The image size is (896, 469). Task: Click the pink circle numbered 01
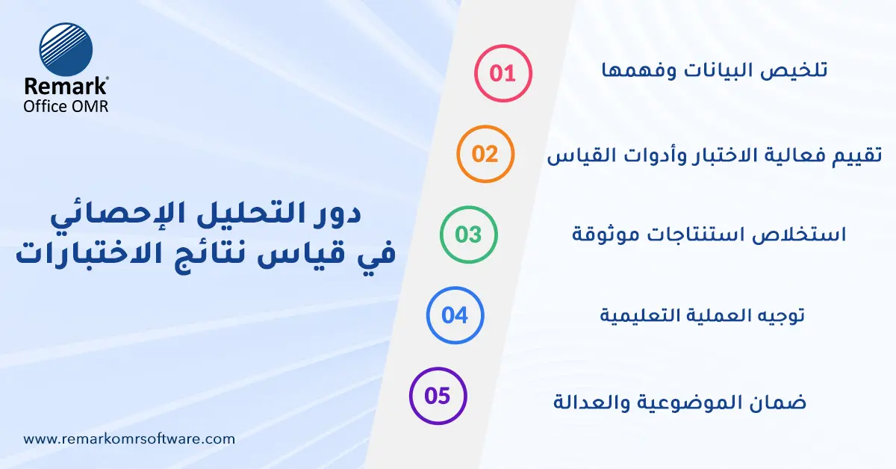503,73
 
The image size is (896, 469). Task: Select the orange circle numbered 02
485,154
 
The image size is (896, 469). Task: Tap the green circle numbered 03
469,234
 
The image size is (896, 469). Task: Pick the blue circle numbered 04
455,315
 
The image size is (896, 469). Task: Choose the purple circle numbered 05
438,396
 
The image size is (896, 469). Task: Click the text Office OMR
66,106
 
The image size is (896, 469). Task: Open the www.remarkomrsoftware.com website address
129,439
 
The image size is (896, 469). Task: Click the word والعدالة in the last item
588,402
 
